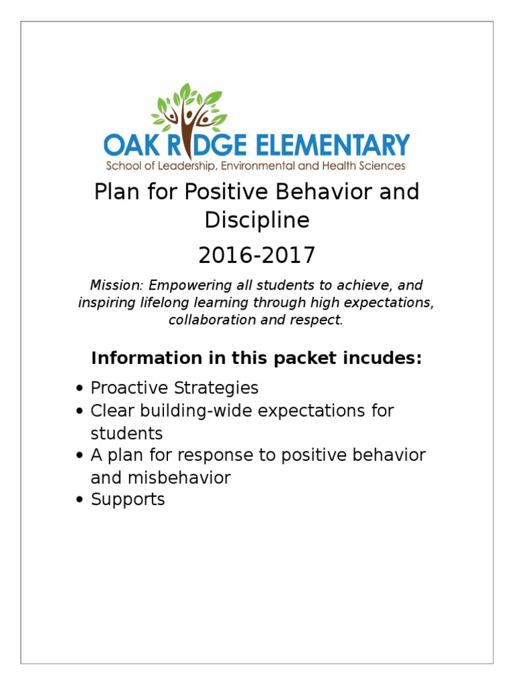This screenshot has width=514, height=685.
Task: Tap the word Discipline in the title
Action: [x=257, y=220]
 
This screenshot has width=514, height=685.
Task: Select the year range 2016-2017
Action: [x=257, y=256]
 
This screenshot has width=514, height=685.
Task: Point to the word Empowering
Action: [x=177, y=286]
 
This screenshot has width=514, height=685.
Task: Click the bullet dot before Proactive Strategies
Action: [x=80, y=389]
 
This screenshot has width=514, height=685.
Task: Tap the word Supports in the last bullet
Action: [x=128, y=500]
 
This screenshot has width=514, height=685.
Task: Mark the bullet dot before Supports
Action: [x=80, y=500]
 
